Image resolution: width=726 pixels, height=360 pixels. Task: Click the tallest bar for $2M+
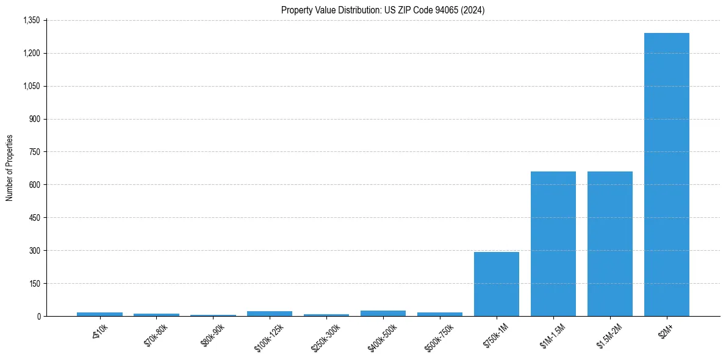coord(666,175)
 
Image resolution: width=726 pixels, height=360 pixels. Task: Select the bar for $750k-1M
coord(496,284)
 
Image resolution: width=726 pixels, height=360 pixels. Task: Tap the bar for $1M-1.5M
coord(553,243)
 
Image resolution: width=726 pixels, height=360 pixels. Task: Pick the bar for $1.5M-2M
coord(609,243)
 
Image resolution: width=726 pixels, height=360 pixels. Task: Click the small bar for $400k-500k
coord(383,313)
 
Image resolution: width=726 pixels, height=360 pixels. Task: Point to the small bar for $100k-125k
coord(270,314)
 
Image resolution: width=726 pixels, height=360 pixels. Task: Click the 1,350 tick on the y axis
coord(31,20)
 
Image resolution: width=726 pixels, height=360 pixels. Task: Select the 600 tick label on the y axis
coord(34,185)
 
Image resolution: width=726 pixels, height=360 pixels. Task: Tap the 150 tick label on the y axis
coord(34,284)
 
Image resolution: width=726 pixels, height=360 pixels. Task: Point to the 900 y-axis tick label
coord(34,119)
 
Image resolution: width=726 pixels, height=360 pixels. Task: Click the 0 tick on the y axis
coord(38,317)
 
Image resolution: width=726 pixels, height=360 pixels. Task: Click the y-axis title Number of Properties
coord(9,168)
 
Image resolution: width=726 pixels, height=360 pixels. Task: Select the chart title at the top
coord(383,10)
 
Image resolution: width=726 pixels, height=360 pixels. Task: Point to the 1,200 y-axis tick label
coord(31,53)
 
